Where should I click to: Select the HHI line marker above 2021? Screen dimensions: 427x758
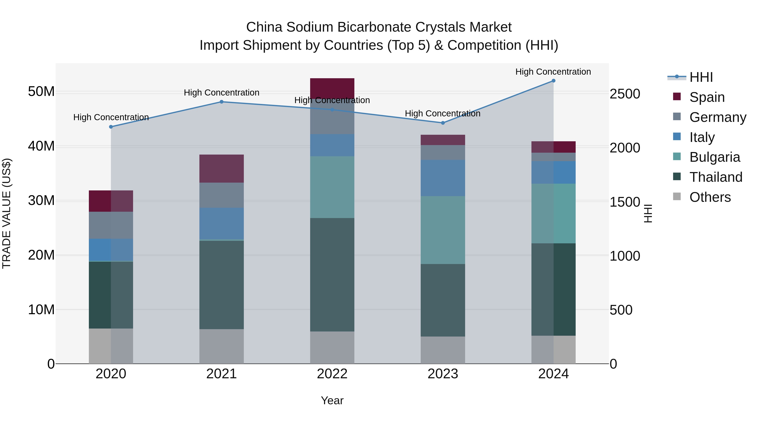coord(222,102)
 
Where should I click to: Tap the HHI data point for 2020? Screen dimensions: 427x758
coord(111,127)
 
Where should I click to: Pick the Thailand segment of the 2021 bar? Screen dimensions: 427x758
coord(222,285)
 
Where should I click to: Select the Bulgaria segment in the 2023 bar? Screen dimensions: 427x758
coord(443,230)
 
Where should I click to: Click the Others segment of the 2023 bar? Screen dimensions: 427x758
coord(443,350)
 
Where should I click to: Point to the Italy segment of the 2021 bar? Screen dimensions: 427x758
coord(222,223)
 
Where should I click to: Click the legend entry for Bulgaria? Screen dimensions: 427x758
coord(714,157)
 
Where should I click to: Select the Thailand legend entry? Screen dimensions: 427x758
coord(716,177)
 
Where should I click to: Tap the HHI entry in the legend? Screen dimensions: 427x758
coord(701,77)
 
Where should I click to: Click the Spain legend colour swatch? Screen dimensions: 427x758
coord(677,97)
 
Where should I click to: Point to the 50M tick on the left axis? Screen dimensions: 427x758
coord(41,92)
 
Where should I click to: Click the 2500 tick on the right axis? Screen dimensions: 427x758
coord(625,94)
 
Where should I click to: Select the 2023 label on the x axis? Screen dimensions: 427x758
coord(443,374)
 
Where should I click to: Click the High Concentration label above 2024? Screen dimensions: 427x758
coord(553,72)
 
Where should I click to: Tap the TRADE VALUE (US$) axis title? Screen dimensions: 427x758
coord(7,213)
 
